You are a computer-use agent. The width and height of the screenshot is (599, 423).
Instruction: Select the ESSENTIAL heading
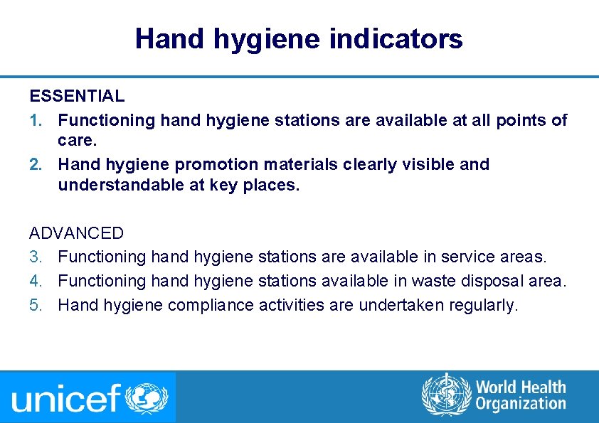[77, 95]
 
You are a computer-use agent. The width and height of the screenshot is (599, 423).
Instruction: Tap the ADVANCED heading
[76, 233]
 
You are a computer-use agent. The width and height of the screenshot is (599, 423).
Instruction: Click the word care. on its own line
[77, 141]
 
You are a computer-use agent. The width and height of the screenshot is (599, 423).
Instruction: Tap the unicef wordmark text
[66, 398]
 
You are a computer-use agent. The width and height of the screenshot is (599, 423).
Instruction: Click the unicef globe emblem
[147, 397]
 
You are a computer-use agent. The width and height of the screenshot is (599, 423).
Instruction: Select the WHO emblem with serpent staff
[446, 395]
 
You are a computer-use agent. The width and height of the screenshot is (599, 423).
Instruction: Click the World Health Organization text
[521, 395]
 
